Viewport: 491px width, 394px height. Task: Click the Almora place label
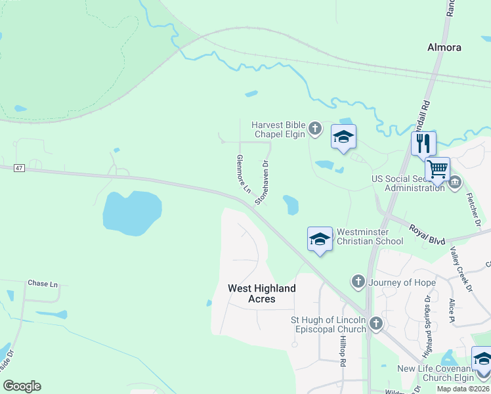(x=444, y=47)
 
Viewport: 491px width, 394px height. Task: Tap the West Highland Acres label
(x=261, y=294)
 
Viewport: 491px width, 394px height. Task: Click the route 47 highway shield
(x=19, y=169)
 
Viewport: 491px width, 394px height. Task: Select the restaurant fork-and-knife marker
(x=423, y=142)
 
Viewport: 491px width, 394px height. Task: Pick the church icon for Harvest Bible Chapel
(x=315, y=128)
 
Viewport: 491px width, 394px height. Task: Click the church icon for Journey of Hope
(x=358, y=282)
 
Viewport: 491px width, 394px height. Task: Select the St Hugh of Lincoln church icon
(x=375, y=323)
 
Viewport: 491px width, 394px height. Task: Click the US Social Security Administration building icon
(x=454, y=181)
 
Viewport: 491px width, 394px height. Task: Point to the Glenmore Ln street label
(x=244, y=173)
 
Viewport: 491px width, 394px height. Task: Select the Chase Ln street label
(x=43, y=284)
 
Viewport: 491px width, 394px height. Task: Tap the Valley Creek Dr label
(x=462, y=268)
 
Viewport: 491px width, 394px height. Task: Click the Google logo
(x=22, y=386)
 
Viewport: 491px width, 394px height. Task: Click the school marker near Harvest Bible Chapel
(x=343, y=137)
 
